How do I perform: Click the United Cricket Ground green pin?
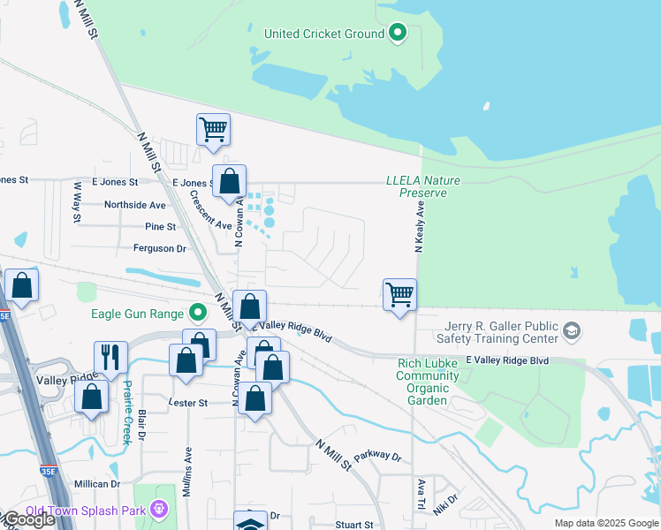coord(398,34)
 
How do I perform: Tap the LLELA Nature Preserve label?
coord(423,186)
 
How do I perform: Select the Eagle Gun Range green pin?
coord(199,312)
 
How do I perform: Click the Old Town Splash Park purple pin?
coord(158,509)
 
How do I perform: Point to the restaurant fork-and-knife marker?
coord(110,358)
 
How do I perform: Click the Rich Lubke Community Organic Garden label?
coord(428,375)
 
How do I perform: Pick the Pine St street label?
coord(160,227)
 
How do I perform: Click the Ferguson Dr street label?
coord(160,249)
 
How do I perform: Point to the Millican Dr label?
coord(97,484)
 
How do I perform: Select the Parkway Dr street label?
coord(377,458)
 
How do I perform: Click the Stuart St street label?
coord(354,525)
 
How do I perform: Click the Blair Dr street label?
coord(141,425)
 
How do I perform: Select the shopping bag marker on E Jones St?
coord(229,182)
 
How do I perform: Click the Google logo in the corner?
coord(29,520)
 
